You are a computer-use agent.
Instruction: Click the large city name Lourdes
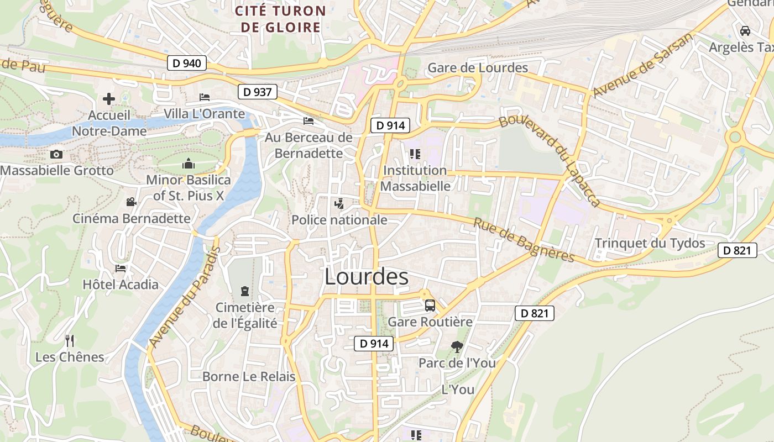pyautogui.click(x=366, y=277)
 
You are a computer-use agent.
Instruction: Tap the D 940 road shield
pyautogui.click(x=187, y=63)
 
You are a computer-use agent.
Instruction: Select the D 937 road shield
pyautogui.click(x=258, y=92)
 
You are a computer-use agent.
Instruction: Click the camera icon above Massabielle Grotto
pyautogui.click(x=56, y=154)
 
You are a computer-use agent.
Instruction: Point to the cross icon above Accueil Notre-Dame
pyautogui.click(x=109, y=99)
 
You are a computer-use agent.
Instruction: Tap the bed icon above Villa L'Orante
pyautogui.click(x=205, y=97)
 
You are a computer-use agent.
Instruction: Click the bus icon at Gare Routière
pyautogui.click(x=430, y=305)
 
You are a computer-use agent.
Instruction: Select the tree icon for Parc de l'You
pyautogui.click(x=457, y=346)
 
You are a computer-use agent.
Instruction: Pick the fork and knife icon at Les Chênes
pyautogui.click(x=70, y=340)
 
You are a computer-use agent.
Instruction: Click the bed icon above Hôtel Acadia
pyautogui.click(x=121, y=269)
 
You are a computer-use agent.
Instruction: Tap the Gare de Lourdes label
pyautogui.click(x=478, y=68)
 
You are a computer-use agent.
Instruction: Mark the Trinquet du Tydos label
pyautogui.click(x=650, y=243)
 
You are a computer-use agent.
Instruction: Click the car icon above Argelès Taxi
pyautogui.click(x=745, y=30)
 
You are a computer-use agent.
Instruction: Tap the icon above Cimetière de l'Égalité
pyautogui.click(x=244, y=291)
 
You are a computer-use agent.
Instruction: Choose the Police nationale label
pyautogui.click(x=339, y=220)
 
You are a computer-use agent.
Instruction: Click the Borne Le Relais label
pyautogui.click(x=249, y=377)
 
